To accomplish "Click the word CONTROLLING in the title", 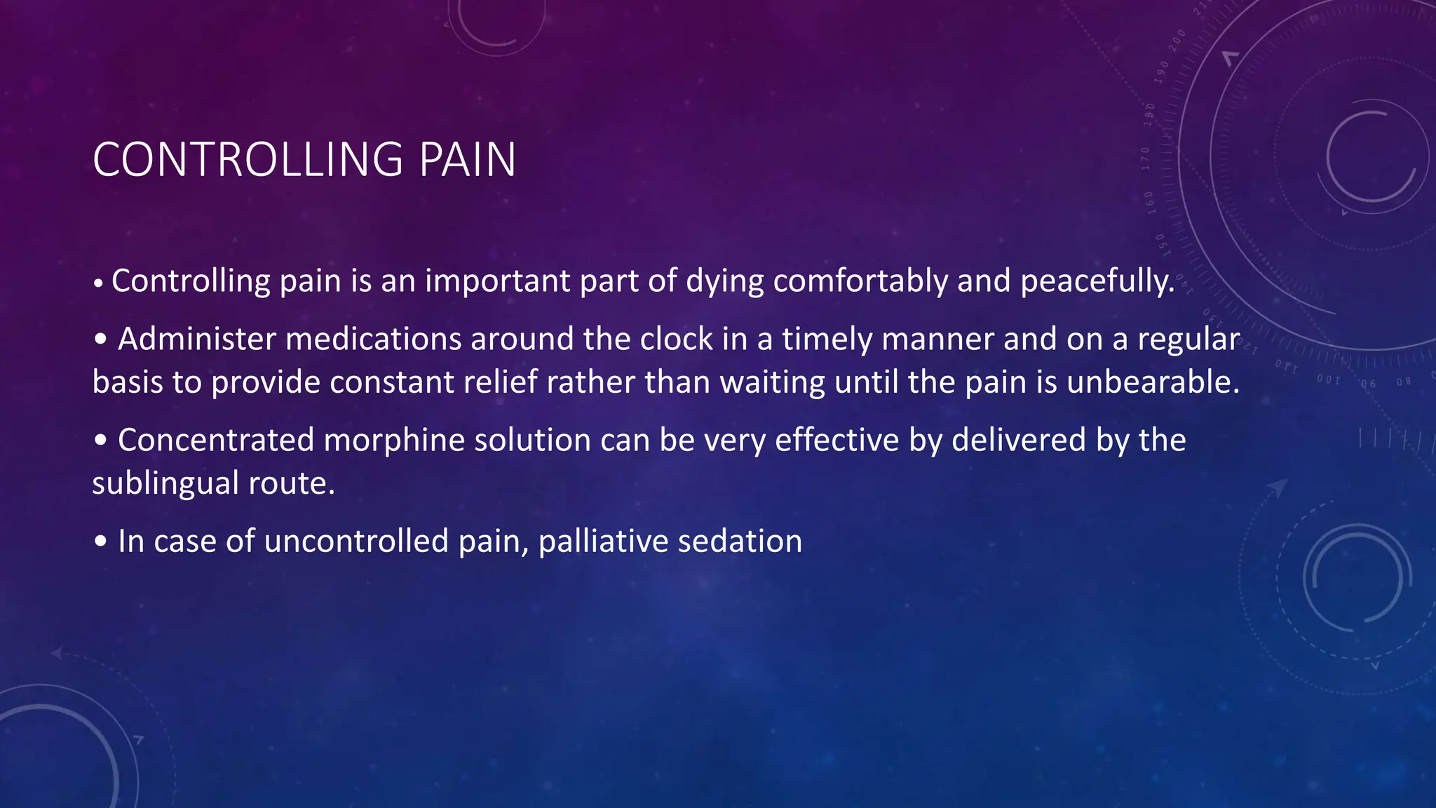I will pyautogui.click(x=248, y=160).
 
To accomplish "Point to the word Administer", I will pyautogui.click(x=196, y=339).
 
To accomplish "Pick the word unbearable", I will pyautogui.click(x=1153, y=383).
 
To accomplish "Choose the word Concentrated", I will pyautogui.click(x=215, y=440).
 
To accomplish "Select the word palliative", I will pyautogui.click(x=592, y=541).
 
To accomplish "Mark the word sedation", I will pyautogui.click(x=740, y=541).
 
